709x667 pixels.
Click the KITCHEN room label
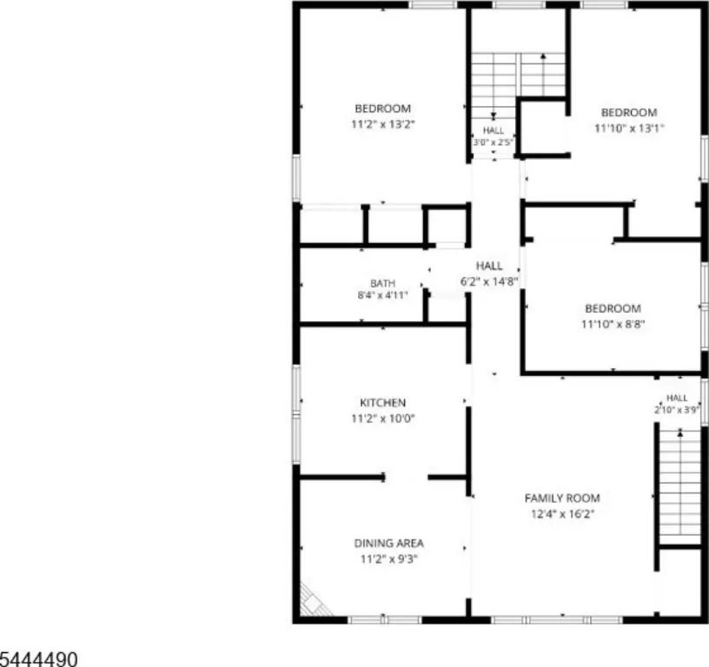(x=382, y=402)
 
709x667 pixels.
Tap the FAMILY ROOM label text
(x=562, y=498)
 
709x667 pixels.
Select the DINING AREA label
(x=389, y=543)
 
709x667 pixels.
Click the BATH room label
(x=382, y=283)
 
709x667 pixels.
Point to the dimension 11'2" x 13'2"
(x=382, y=124)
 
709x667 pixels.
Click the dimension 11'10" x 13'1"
(x=629, y=129)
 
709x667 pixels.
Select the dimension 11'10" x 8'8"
(x=613, y=324)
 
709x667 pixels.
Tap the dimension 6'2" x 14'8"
(x=489, y=281)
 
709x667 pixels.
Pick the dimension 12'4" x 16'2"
(x=562, y=514)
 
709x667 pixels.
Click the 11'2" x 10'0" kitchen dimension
(x=382, y=419)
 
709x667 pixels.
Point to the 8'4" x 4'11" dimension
(x=382, y=295)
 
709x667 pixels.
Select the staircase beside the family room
(x=679, y=487)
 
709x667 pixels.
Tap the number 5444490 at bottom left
(x=38, y=659)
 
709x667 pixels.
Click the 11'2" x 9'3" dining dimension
(x=389, y=559)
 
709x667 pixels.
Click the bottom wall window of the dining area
(x=384, y=619)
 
